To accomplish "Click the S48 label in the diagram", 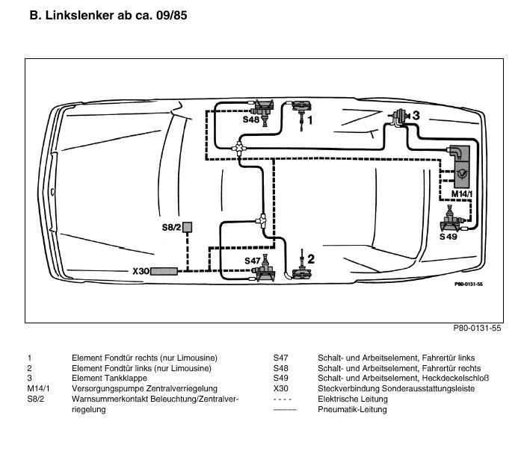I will (x=251, y=119).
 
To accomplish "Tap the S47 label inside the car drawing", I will (x=254, y=261).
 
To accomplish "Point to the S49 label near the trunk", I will (x=448, y=236).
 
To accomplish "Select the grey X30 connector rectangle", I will (x=164, y=271).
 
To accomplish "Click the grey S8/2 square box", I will (x=189, y=226).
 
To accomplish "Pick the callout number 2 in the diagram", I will (x=311, y=259).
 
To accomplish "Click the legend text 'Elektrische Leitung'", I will (x=351, y=399).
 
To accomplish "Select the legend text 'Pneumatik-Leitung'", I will (x=349, y=410).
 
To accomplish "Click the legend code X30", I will (x=281, y=389).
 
